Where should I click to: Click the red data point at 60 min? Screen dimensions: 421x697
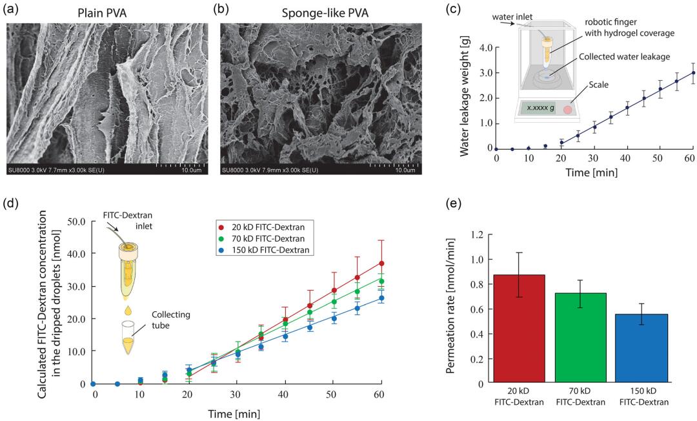(382, 263)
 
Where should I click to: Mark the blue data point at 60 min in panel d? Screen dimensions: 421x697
(382, 298)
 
